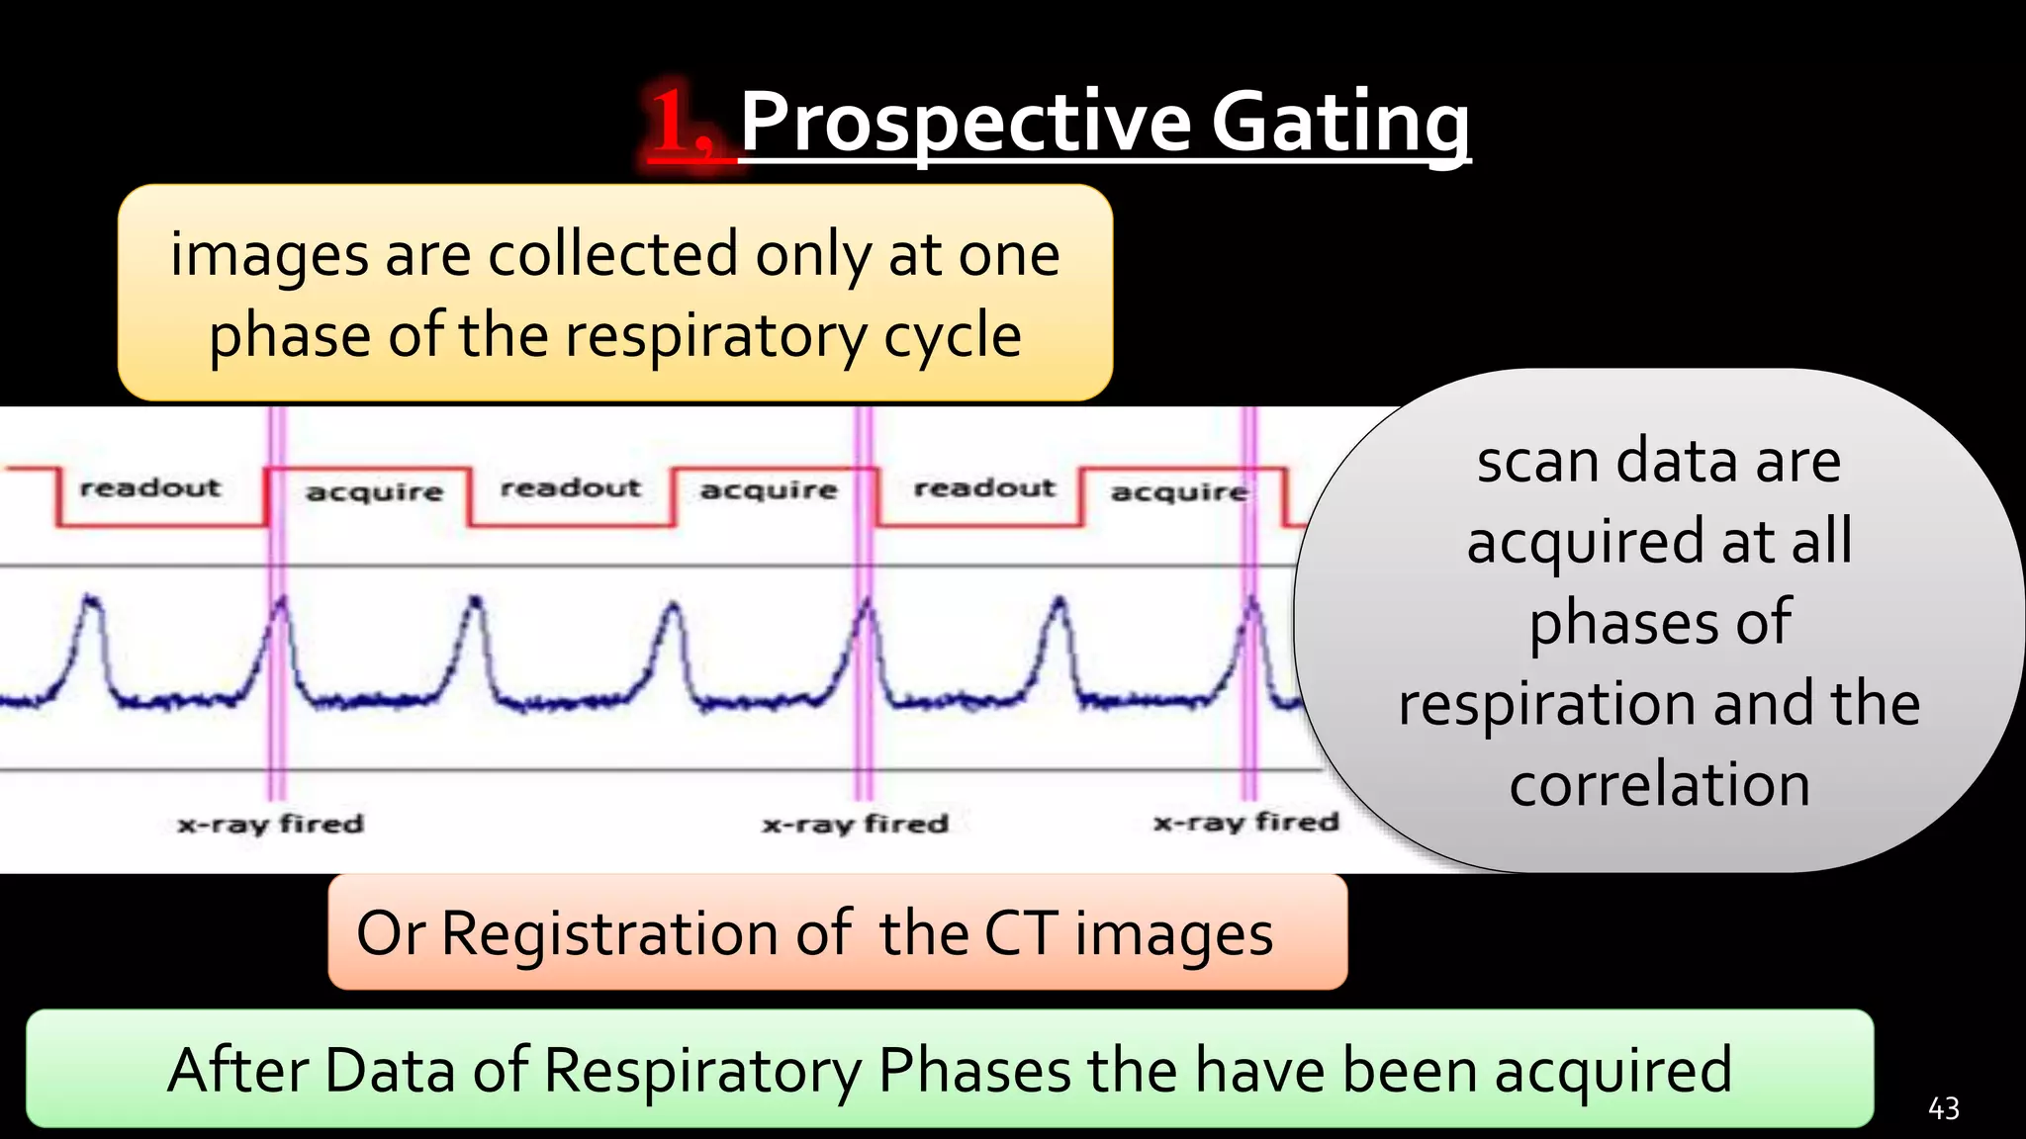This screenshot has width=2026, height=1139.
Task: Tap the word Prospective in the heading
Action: (x=965, y=124)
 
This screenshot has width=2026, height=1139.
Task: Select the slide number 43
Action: (x=1943, y=1108)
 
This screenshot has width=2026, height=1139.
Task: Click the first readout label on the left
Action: (x=150, y=487)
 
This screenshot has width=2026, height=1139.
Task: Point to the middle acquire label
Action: (x=769, y=489)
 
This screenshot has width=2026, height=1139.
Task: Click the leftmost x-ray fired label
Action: (x=270, y=824)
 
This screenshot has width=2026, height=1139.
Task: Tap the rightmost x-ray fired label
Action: (x=1245, y=822)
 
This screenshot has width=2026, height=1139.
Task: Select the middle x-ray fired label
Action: (x=855, y=824)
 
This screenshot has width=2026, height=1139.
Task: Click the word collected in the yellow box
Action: (x=613, y=254)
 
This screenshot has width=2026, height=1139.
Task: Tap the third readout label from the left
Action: (x=984, y=487)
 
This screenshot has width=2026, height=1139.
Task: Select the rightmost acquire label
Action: (x=1179, y=491)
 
